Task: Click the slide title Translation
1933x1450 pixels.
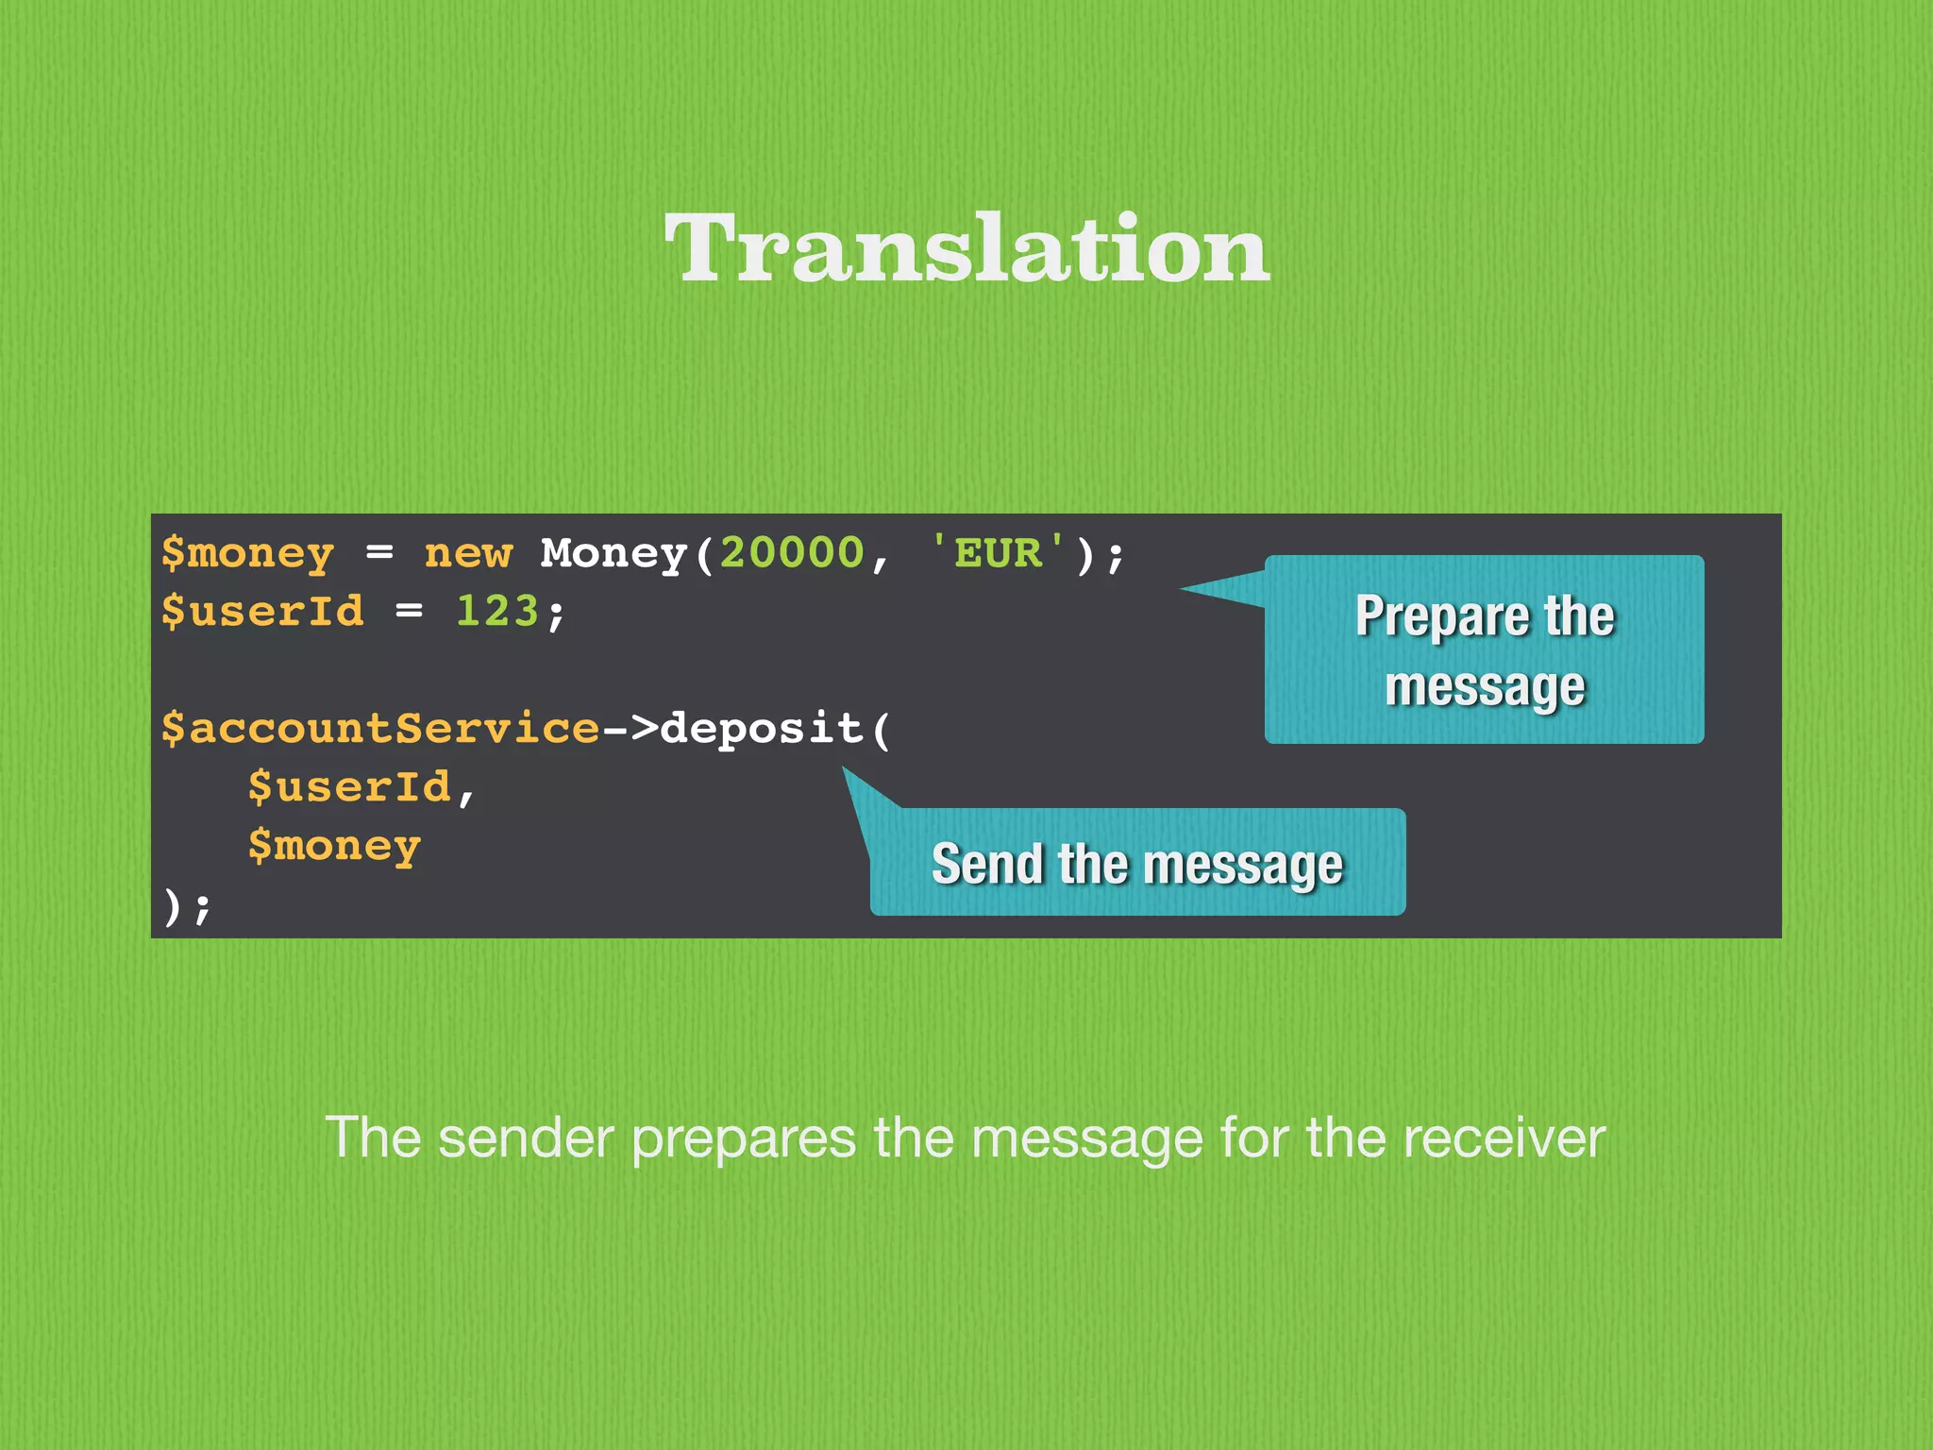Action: coord(966,248)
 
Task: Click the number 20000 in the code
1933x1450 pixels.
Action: coord(792,553)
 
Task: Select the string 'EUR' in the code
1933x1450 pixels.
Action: coord(998,553)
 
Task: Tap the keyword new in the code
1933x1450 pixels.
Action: coord(468,554)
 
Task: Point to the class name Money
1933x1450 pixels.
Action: coord(614,554)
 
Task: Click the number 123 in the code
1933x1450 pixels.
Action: coord(497,612)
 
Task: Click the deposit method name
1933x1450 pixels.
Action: coord(761,729)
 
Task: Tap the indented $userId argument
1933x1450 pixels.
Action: coord(349,787)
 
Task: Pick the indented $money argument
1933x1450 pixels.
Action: coord(334,847)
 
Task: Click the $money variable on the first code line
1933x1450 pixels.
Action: coord(247,554)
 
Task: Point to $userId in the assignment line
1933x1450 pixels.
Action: coord(262,612)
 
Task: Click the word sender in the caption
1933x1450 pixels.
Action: coord(526,1138)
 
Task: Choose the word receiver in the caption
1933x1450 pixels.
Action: coord(1503,1138)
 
